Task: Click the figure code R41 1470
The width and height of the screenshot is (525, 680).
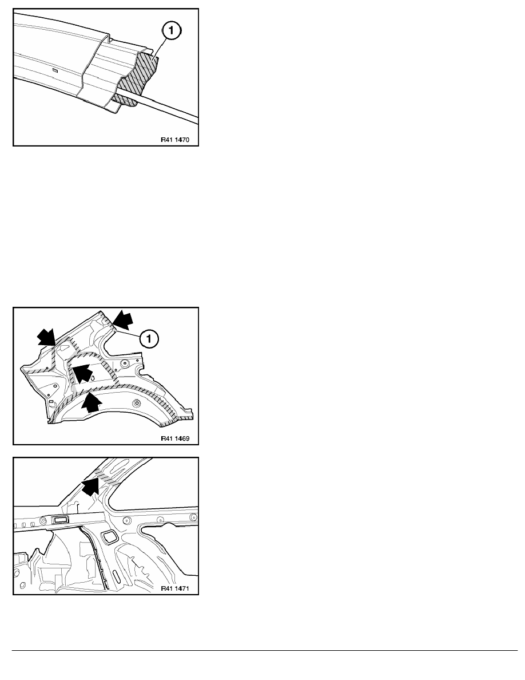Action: (x=175, y=140)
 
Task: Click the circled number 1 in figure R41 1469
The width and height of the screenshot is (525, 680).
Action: (x=149, y=339)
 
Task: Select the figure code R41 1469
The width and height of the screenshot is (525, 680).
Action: (x=175, y=438)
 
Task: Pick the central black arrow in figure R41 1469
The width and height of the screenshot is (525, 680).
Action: (x=82, y=373)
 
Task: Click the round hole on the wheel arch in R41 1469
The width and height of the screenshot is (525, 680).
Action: (x=136, y=404)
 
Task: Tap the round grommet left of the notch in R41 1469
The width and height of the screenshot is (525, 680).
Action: (x=125, y=362)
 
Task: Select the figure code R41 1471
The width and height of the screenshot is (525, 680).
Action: (x=175, y=588)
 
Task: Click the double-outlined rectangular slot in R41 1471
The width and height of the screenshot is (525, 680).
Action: (x=59, y=520)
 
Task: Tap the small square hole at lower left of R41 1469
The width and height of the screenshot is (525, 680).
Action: (x=51, y=402)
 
